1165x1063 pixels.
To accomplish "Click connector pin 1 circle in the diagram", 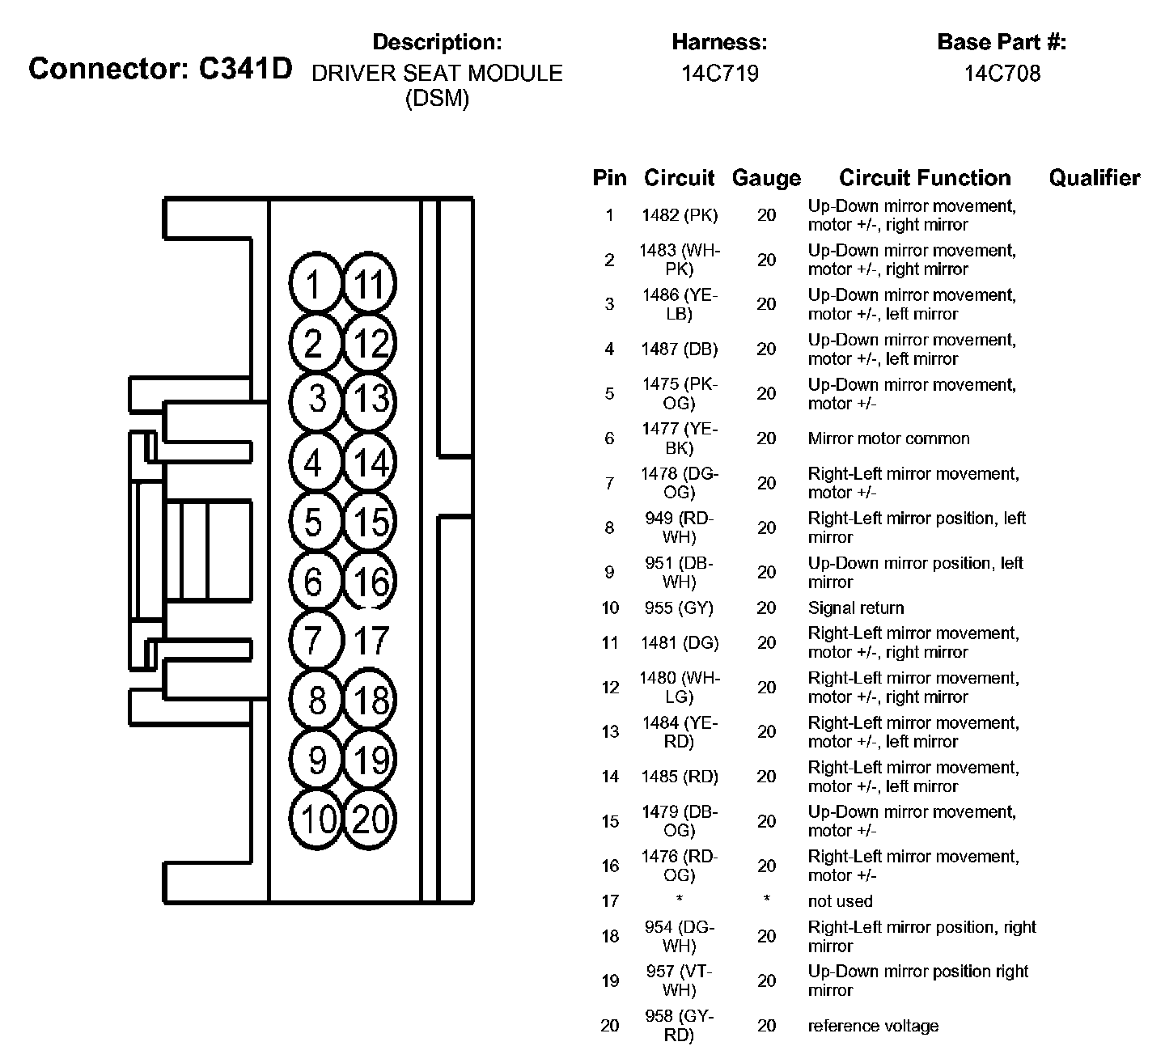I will click(x=313, y=284).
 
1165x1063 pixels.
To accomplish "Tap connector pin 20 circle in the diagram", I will click(x=371, y=819).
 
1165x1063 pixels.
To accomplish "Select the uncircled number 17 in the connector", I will click(x=371, y=641).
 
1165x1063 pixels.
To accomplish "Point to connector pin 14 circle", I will click(x=371, y=463).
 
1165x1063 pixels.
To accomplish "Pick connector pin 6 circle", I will click(x=313, y=582).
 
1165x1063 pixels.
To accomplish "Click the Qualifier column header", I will click(x=1094, y=178).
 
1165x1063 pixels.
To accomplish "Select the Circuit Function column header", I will click(x=925, y=178).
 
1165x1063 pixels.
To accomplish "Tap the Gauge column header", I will click(x=765, y=178).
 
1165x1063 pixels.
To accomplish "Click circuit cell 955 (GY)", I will click(x=679, y=608).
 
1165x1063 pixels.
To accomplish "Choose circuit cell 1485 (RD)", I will click(x=679, y=777).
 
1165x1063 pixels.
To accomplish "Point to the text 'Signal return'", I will click(x=855, y=608).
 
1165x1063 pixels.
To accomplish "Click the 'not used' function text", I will click(x=840, y=901).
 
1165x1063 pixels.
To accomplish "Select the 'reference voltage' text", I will click(x=873, y=1026).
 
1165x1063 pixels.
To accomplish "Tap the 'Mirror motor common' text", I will click(x=888, y=438).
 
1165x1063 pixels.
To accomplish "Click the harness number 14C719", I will click(x=719, y=74).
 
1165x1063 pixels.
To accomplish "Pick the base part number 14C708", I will click(x=1002, y=74).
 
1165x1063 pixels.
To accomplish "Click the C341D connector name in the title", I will click(x=244, y=69).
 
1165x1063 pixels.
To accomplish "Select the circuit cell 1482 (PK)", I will click(x=679, y=215).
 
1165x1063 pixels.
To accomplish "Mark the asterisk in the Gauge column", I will click(x=765, y=900).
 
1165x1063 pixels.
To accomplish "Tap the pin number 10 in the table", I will click(x=609, y=608).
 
